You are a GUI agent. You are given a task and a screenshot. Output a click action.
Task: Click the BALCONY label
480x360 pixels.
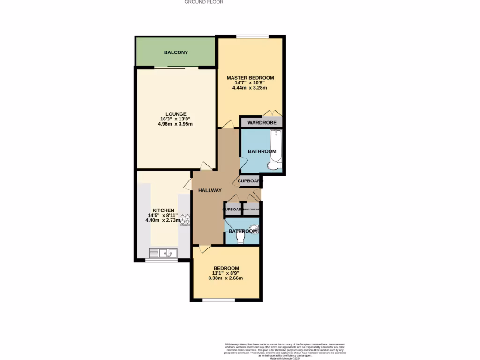[x=176, y=52]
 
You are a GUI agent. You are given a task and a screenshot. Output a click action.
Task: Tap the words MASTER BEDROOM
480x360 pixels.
[x=250, y=78]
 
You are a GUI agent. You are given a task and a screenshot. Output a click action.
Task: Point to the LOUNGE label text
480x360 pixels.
[x=176, y=114]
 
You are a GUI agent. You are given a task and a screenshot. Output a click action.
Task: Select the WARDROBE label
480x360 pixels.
[x=262, y=123]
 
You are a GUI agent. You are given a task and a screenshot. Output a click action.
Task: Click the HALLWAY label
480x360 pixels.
[x=210, y=190]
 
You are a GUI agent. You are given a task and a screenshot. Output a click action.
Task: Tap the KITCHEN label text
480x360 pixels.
[x=163, y=210]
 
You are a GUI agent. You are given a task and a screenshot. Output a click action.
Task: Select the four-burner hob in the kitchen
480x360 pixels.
[x=184, y=219]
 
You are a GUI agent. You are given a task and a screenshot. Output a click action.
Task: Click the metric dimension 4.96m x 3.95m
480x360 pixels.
[x=176, y=124]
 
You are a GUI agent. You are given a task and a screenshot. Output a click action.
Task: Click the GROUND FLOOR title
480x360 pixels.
[x=203, y=2]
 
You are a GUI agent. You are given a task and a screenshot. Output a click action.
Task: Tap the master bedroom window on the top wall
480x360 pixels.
[x=252, y=37]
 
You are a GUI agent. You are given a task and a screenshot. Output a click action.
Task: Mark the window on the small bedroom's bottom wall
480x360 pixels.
[x=218, y=300]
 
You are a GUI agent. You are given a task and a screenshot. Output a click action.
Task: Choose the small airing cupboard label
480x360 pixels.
[x=251, y=209]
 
